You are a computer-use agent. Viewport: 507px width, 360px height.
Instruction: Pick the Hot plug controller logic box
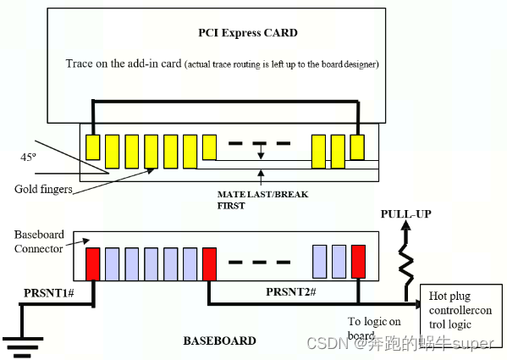(x=460, y=310)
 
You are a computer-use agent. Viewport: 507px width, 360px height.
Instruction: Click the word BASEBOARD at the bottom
(x=220, y=340)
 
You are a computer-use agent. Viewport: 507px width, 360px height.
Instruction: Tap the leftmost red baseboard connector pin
(x=92, y=264)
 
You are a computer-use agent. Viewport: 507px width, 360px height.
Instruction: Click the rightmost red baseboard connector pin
(x=360, y=260)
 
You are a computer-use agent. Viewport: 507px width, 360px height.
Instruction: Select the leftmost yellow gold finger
(x=92, y=150)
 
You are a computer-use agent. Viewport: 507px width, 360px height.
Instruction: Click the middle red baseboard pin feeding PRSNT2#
(x=209, y=264)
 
